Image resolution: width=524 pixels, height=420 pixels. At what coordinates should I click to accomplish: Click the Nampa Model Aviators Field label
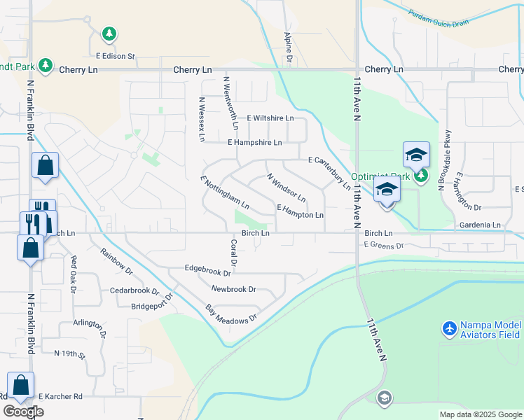tap(490, 331)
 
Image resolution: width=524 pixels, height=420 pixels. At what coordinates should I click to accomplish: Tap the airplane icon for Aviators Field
tap(449, 327)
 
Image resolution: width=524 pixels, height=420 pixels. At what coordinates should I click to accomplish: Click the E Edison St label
tap(115, 55)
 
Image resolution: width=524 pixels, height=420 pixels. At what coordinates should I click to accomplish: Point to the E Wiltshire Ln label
tap(270, 118)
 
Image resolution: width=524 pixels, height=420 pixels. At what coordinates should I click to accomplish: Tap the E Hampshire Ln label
tap(254, 142)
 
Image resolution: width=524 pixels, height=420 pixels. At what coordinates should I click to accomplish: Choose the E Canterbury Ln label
tap(329, 173)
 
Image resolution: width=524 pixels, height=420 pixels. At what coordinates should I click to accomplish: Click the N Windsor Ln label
tap(286, 188)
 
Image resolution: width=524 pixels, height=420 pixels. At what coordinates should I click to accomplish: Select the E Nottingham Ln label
tap(225, 192)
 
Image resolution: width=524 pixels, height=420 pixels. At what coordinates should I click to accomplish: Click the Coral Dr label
tap(234, 258)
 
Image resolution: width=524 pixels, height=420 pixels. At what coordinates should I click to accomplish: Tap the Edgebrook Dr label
tap(207, 267)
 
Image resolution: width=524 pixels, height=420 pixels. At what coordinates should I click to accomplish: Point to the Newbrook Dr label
tap(233, 288)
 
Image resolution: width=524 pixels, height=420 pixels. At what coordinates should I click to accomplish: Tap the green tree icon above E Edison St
tap(109, 33)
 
